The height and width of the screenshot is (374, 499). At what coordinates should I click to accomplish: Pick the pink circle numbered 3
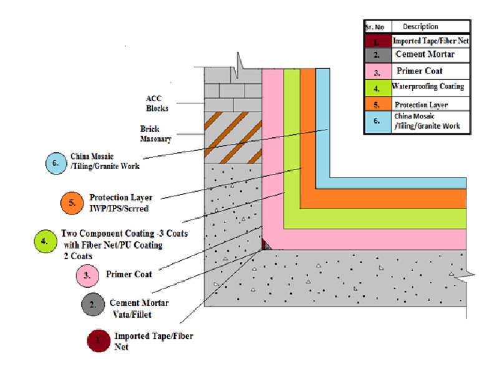click(88, 274)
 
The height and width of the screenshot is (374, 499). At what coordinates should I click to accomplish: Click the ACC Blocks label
click(157, 103)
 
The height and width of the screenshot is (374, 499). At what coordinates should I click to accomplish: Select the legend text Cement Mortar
click(425, 55)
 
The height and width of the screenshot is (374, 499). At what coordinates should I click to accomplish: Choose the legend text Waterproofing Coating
click(428, 87)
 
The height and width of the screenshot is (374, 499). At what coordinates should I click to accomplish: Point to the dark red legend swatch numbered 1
click(377, 41)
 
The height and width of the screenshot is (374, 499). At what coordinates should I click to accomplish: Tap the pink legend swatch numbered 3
click(377, 70)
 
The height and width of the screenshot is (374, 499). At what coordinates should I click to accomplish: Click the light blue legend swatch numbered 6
click(377, 121)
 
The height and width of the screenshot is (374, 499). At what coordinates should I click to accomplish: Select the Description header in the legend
click(420, 27)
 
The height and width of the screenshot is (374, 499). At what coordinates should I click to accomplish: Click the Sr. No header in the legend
click(377, 27)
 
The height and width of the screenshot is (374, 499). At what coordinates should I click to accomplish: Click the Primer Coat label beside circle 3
click(130, 274)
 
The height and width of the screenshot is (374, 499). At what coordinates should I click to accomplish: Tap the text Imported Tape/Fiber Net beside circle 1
click(153, 341)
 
